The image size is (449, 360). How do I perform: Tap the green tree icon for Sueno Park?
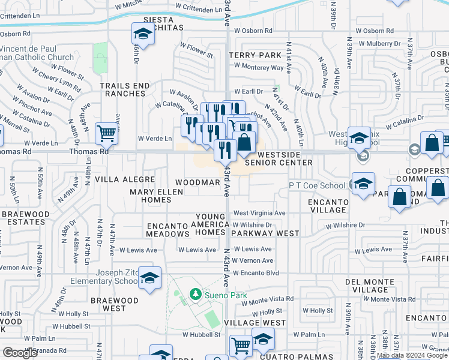(x=194, y=294)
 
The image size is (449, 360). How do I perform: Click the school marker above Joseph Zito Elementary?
(x=150, y=277)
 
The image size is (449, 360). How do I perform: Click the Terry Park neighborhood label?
(x=255, y=55)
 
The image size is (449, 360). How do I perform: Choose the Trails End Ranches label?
(x=124, y=89)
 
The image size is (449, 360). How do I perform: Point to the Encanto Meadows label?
(x=169, y=230)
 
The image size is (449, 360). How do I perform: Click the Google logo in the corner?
(x=21, y=352)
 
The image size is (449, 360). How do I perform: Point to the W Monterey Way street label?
(x=259, y=68)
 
